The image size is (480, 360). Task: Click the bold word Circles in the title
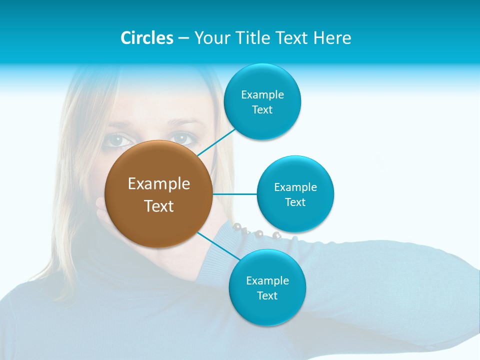(x=146, y=38)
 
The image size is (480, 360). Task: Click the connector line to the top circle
(x=216, y=142)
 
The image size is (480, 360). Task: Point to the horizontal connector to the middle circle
(x=234, y=193)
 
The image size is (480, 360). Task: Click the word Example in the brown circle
(x=159, y=184)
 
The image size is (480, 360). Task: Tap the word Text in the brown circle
(x=159, y=206)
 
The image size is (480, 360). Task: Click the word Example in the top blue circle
(x=262, y=95)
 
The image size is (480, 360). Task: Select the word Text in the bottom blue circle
(x=267, y=295)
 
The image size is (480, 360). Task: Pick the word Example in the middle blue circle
(x=295, y=187)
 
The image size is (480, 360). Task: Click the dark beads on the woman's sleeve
(x=255, y=232)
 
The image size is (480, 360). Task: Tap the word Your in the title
(x=211, y=38)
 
